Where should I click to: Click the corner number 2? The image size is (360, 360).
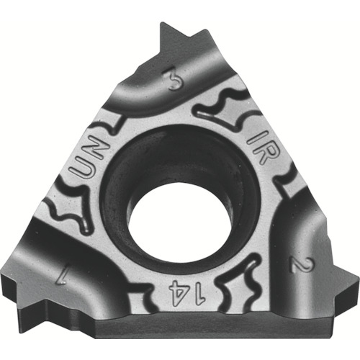(x=300, y=265)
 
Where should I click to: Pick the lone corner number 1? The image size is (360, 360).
(x=62, y=276)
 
